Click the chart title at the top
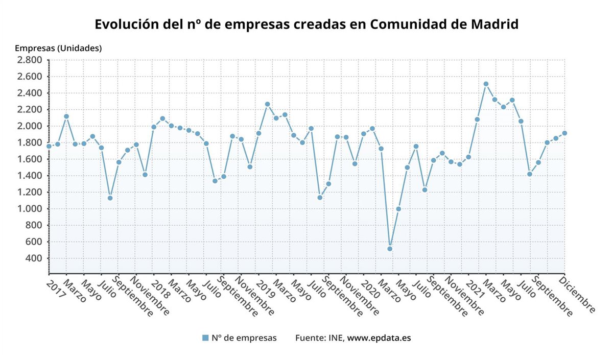[306, 24]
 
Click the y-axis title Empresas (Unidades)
[58, 49]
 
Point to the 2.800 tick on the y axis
[30, 60]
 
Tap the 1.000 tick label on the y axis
[30, 209]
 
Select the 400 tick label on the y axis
[34, 258]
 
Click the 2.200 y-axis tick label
[30, 110]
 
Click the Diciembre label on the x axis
[577, 294]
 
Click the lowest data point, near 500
[390, 249]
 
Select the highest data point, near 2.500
[486, 84]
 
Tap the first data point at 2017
[49, 146]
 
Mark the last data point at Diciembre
[564, 133]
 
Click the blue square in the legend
[205, 338]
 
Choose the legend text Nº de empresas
[244, 338]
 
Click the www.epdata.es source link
[379, 338]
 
